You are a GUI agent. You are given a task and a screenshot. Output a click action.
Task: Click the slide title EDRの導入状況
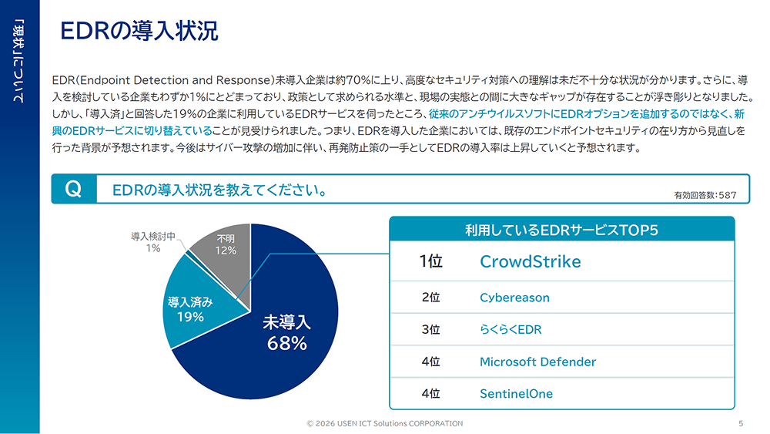click(x=139, y=31)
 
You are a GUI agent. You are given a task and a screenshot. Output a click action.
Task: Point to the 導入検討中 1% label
click(x=153, y=242)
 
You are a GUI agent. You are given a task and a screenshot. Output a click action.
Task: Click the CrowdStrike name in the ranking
click(x=530, y=261)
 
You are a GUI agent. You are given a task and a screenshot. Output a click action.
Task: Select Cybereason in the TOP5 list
click(x=514, y=298)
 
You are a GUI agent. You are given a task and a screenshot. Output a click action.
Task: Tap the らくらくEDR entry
click(x=511, y=329)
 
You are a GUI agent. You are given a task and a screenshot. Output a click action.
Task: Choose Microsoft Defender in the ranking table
click(x=537, y=362)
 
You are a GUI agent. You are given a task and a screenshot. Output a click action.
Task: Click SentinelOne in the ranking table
click(x=516, y=393)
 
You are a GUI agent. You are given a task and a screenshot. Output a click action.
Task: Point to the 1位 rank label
click(x=430, y=261)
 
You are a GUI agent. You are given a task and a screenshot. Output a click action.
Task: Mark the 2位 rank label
click(x=430, y=298)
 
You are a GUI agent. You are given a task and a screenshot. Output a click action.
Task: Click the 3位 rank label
click(x=430, y=329)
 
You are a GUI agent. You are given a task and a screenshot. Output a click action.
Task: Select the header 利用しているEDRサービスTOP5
click(x=561, y=230)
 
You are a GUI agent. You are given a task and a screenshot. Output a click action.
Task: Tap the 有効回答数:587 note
click(x=705, y=195)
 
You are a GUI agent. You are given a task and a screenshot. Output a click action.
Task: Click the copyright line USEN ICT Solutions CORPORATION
click(x=385, y=423)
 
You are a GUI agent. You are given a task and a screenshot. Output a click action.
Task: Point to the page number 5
click(x=741, y=423)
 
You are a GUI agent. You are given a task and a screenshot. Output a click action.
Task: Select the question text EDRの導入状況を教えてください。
click(x=218, y=190)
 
